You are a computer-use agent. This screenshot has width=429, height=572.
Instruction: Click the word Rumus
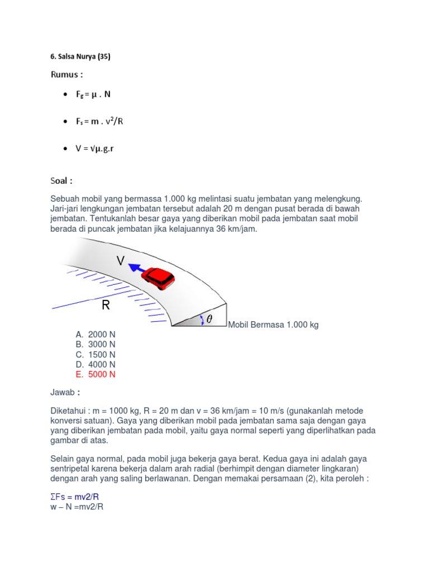[x=66, y=74]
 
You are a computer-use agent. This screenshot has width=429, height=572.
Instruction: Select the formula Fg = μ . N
[x=93, y=94]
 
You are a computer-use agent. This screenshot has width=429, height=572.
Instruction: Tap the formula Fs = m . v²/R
[x=99, y=122]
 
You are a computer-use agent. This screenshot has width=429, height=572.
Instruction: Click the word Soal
[x=62, y=180]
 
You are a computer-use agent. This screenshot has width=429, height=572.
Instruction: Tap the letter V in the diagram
[x=121, y=261]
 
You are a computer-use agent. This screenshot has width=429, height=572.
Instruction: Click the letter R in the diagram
[x=106, y=306]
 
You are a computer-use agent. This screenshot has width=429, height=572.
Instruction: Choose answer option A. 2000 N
[x=96, y=334]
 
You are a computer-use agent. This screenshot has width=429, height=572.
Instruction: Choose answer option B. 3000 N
[x=96, y=344]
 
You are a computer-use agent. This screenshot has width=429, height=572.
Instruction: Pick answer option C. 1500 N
[x=96, y=354]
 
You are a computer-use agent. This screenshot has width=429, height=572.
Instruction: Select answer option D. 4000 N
[x=96, y=364]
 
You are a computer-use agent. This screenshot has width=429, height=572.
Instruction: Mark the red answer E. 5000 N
[x=96, y=374]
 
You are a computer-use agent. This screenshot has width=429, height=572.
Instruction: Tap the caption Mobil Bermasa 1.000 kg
[x=274, y=325]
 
